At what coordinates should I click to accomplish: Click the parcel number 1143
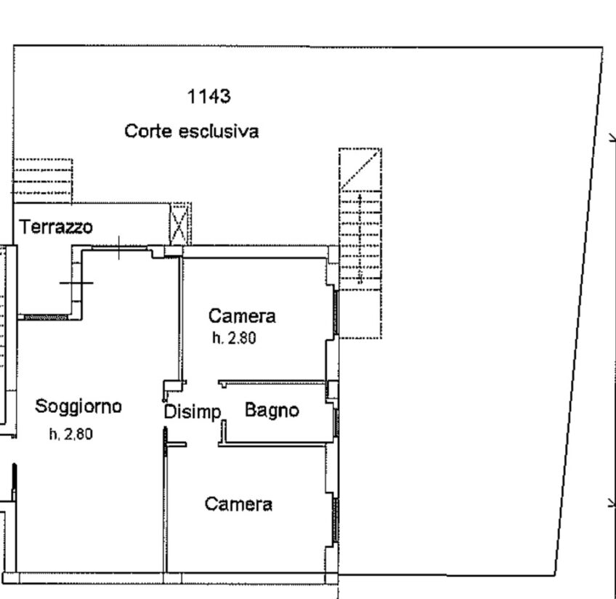pyautogui.click(x=208, y=96)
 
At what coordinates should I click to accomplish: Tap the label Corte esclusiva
pyautogui.click(x=191, y=132)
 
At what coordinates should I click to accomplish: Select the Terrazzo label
pyautogui.click(x=57, y=227)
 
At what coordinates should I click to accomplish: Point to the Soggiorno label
pyautogui.click(x=78, y=406)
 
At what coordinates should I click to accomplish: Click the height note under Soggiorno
pyautogui.click(x=71, y=435)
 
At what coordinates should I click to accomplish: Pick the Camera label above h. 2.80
pyautogui.click(x=242, y=316)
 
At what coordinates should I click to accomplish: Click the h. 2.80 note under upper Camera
pyautogui.click(x=234, y=338)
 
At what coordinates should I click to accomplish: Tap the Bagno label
pyautogui.click(x=272, y=410)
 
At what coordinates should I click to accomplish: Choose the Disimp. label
pyautogui.click(x=192, y=412)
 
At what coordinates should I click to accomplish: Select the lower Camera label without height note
pyautogui.click(x=238, y=504)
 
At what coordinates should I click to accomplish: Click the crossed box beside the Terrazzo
pyautogui.click(x=180, y=224)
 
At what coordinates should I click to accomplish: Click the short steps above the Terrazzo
pyautogui.click(x=43, y=180)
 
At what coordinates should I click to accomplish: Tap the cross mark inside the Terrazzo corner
pyautogui.click(x=76, y=282)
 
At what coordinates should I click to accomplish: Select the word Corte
pyautogui.click(x=148, y=132)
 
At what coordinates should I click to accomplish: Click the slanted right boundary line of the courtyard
pyautogui.click(x=580, y=313)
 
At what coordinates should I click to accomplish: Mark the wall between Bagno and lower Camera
pyautogui.click(x=272, y=443)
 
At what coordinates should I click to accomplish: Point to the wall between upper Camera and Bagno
pyautogui.click(x=272, y=381)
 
